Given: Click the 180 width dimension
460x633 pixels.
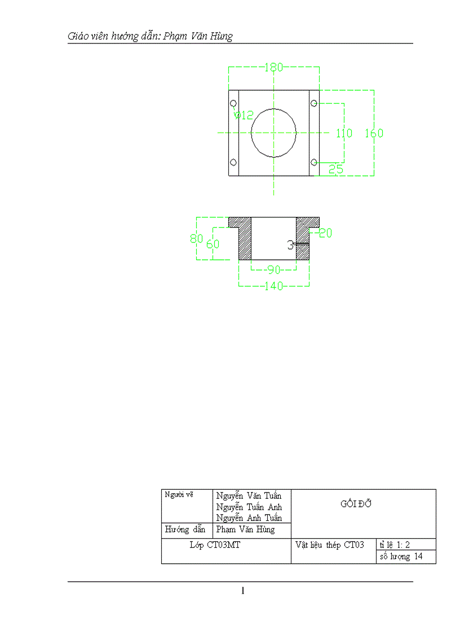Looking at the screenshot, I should [273, 68].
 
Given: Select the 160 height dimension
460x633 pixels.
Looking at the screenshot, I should [374, 134].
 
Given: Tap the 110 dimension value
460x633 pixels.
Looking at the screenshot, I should [344, 134].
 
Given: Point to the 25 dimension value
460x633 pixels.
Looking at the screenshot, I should [336, 169].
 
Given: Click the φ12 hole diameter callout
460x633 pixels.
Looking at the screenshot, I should [245, 116].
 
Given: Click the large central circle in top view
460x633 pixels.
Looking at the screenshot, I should [273, 132].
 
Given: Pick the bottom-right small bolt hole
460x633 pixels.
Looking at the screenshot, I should [314, 162].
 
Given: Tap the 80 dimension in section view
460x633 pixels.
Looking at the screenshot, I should [196, 238].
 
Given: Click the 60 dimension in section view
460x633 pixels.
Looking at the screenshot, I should [213, 244].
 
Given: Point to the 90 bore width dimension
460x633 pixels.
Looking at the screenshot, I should [274, 270].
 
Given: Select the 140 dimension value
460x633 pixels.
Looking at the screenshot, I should [274, 286].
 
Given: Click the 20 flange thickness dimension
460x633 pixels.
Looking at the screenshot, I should [325, 233].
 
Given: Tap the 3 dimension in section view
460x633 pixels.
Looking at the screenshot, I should [290, 245].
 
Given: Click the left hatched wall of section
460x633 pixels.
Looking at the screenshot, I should [245, 242].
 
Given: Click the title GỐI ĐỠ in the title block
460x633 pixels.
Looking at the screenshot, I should [356, 504].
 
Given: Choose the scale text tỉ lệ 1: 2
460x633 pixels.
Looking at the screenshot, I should [397, 545].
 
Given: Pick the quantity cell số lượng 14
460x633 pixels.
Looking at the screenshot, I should [401, 557].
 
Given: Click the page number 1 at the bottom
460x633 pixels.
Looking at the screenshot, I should [242, 591].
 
